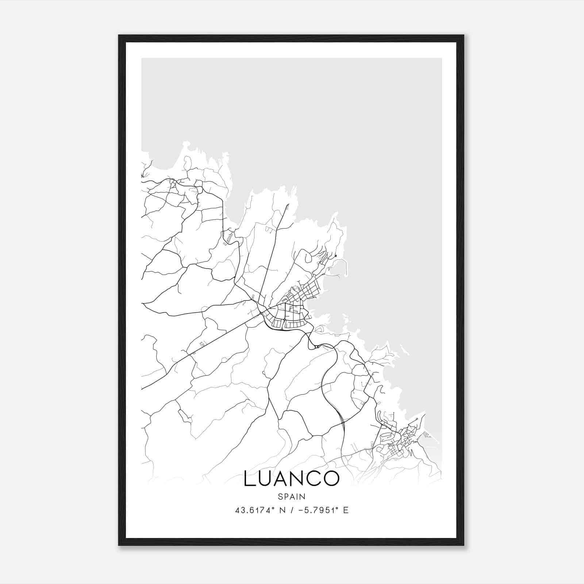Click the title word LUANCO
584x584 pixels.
[x=291, y=479]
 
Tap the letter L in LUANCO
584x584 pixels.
[x=250, y=479]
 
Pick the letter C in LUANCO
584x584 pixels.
[x=315, y=479]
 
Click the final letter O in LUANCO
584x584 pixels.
[x=331, y=479]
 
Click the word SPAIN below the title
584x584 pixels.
[x=291, y=496]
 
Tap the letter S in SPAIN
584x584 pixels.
[x=280, y=496]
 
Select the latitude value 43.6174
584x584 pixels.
[x=252, y=510]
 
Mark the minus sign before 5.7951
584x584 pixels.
[x=301, y=510]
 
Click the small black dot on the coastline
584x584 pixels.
[x=335, y=256]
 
